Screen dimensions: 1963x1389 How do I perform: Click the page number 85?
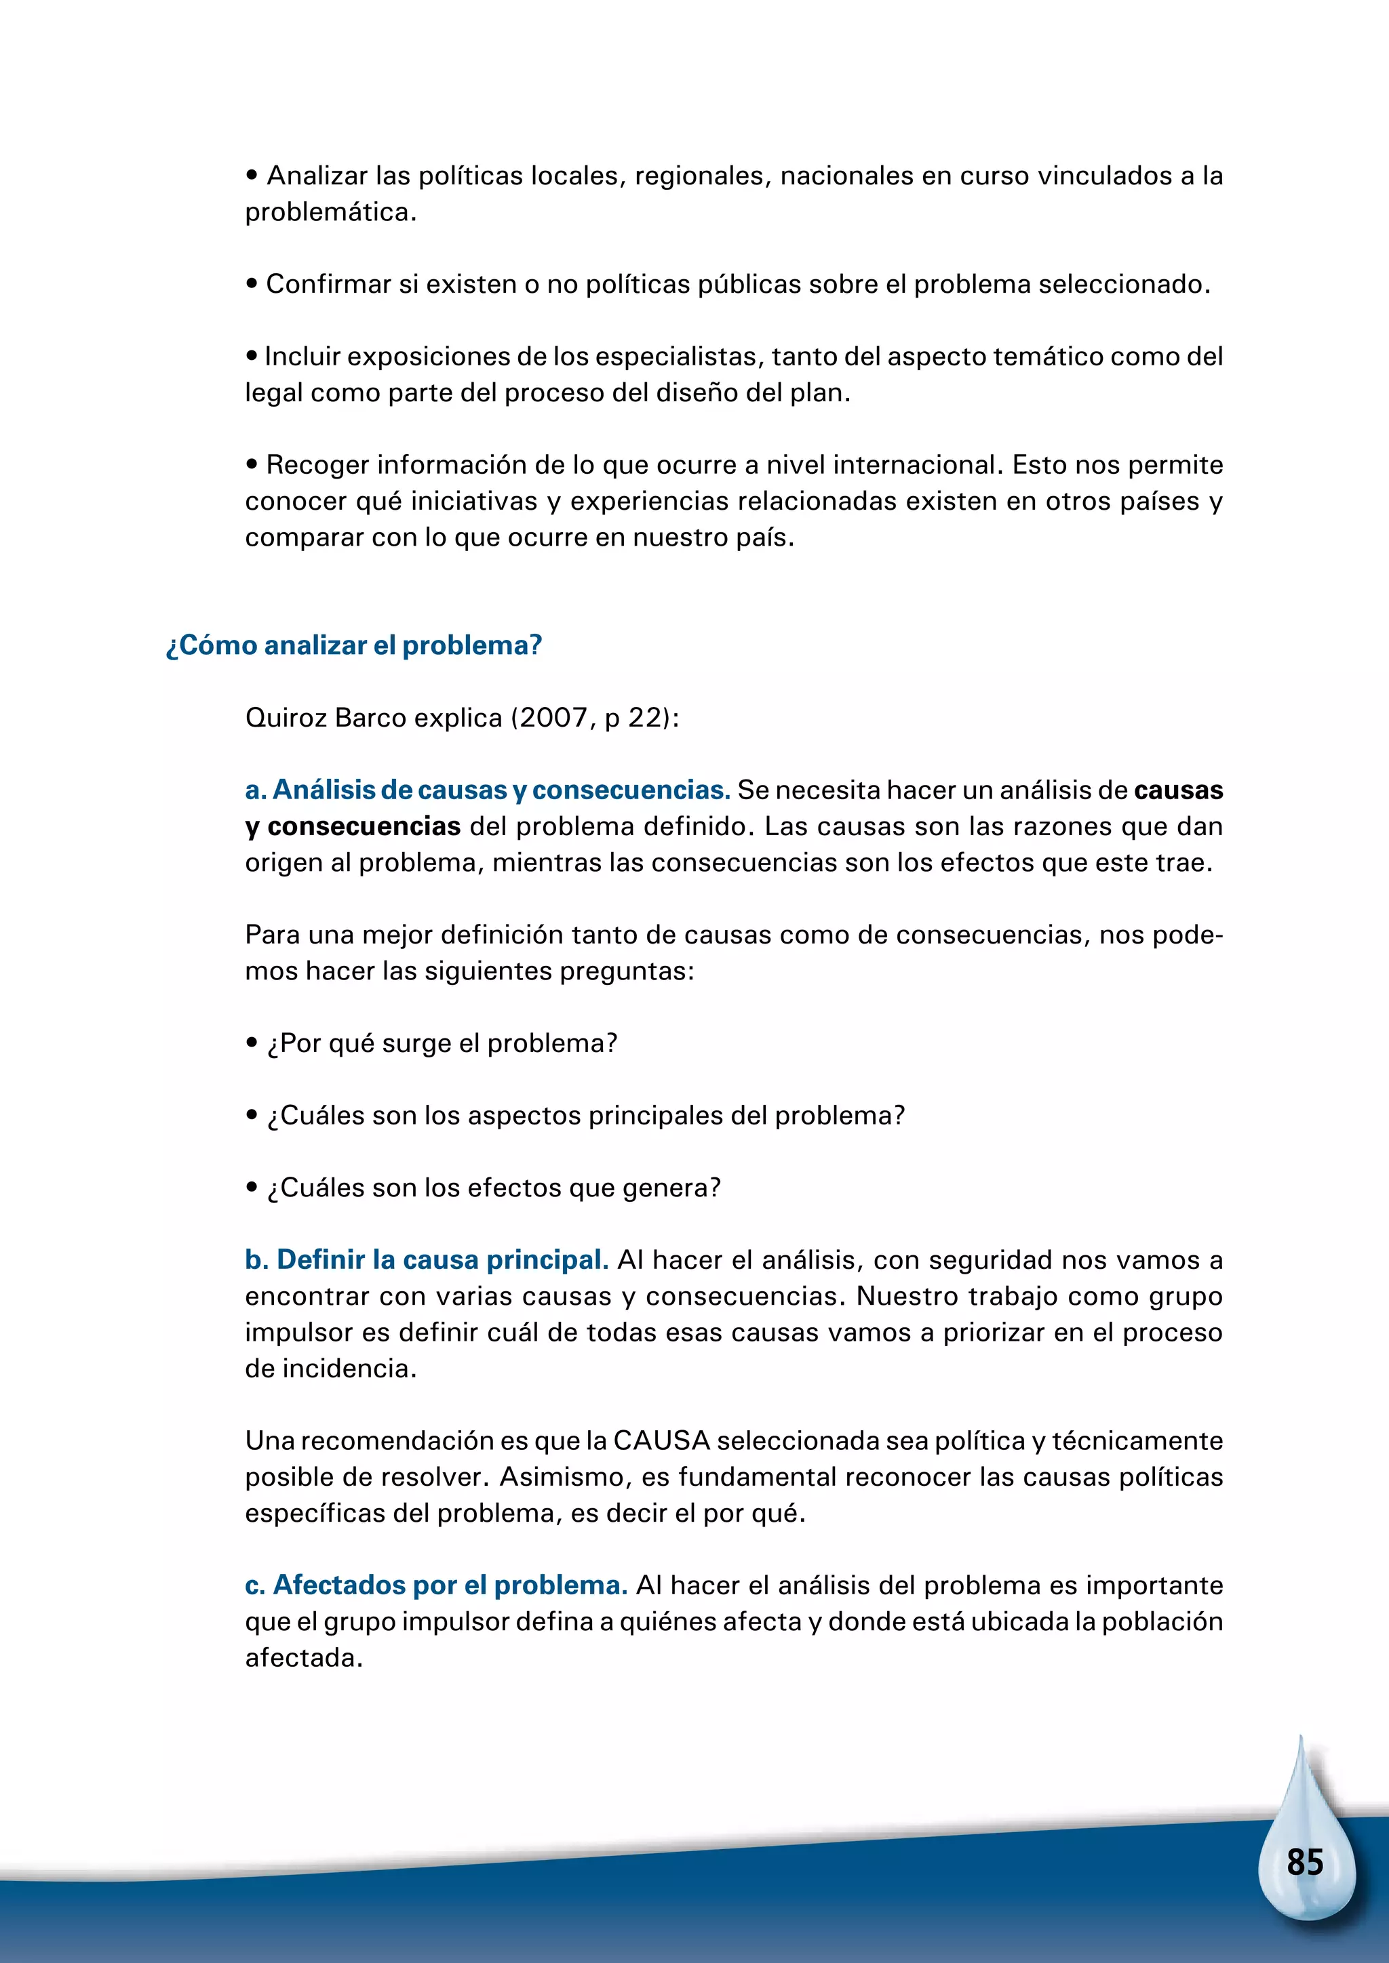tap(1304, 1862)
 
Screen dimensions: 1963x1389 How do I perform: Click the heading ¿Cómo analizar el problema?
tap(354, 645)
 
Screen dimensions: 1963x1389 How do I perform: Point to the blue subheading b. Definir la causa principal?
tap(426, 1259)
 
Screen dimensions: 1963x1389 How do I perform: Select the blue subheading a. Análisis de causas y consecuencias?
tap(488, 790)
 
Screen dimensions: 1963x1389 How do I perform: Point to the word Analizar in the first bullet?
tap(317, 176)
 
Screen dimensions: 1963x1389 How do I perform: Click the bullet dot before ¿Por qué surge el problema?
tap(252, 1043)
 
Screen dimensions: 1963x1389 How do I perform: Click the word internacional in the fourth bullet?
tap(918, 465)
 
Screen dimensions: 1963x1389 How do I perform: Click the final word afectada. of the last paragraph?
tap(304, 1658)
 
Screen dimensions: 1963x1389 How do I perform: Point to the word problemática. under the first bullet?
tap(330, 213)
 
